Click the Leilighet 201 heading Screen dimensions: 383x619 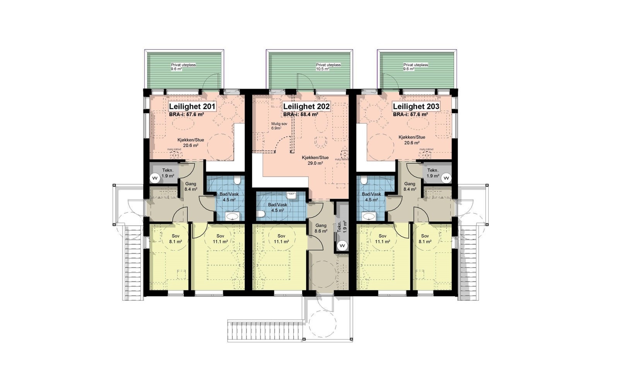tap(192, 106)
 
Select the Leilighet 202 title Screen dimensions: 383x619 tap(306, 106)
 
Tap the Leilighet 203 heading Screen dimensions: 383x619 tap(416, 106)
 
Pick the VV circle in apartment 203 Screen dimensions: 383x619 tap(446, 178)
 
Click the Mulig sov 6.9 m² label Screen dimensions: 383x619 tap(279, 125)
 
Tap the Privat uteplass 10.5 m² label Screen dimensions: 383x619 tap(328, 67)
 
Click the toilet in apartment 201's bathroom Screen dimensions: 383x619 tap(237, 180)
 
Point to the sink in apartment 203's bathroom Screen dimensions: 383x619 tap(368, 216)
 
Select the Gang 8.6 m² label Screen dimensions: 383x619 tap(321, 228)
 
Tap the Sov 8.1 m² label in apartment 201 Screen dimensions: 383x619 tap(175, 239)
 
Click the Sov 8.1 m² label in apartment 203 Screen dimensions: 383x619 tap(425, 239)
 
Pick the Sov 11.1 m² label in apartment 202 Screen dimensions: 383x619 tap(282, 239)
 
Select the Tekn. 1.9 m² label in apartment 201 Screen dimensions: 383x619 tap(168, 173)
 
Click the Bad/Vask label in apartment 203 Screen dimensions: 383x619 tap(371, 197)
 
